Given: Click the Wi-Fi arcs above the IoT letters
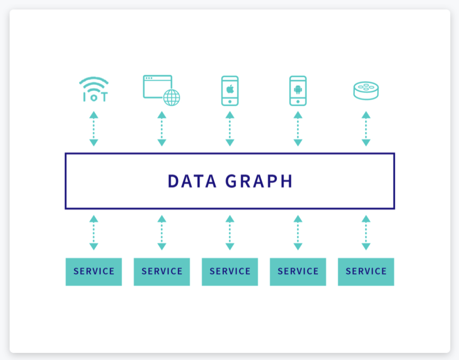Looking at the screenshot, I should (94, 82).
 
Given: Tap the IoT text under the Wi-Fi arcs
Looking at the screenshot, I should (94, 97).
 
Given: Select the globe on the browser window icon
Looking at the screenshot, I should (171, 97).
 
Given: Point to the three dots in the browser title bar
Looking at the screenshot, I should (149, 79).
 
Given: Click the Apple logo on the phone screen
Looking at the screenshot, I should (230, 89).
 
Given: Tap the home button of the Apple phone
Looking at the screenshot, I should (230, 102).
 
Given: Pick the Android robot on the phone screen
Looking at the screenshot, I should (298, 89).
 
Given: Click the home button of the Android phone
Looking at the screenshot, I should (298, 102).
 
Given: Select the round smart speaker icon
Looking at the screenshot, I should (366, 90).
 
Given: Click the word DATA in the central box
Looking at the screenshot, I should (192, 181).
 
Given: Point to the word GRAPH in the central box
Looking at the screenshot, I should (259, 181).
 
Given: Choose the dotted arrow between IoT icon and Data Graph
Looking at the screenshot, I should (93, 129).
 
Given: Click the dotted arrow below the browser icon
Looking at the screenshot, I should (162, 129).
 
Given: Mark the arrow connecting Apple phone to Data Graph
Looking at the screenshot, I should (230, 129).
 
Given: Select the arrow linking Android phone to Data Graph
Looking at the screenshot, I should (298, 129).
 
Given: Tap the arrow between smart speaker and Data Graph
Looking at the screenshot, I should (366, 129).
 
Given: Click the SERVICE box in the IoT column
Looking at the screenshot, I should (93, 271).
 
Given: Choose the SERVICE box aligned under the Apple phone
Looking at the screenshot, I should (230, 271).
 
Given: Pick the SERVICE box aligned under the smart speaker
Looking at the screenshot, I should (366, 271).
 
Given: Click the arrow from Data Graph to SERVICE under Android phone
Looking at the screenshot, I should (298, 233).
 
